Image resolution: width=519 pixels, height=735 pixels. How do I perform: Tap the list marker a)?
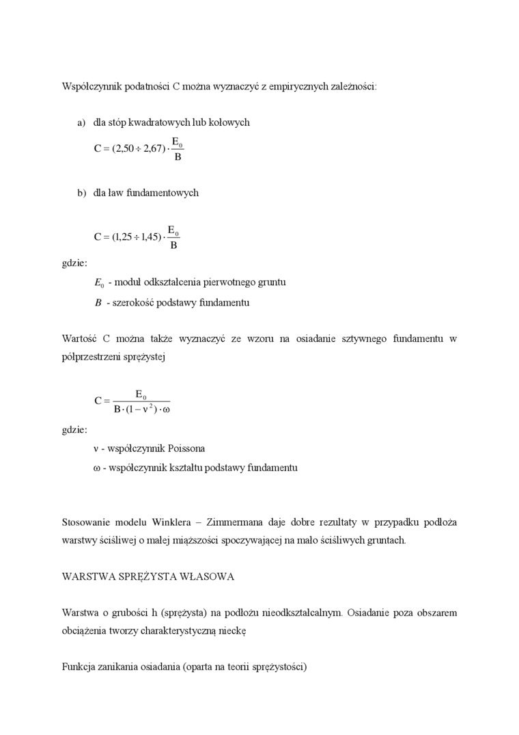tap(81, 122)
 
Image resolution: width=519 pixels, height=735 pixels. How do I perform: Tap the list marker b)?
tap(81, 193)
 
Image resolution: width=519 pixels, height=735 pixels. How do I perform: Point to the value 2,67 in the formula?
tap(151, 148)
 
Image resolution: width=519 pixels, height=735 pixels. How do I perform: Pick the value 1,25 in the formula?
tap(125, 237)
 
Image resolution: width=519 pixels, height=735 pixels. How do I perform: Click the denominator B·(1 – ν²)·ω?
tap(141, 410)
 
